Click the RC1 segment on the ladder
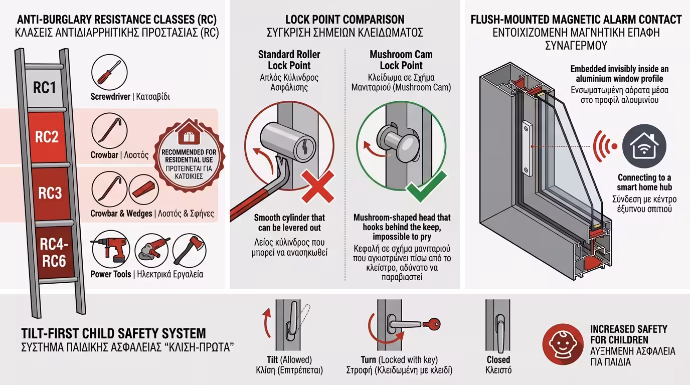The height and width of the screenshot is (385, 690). click(45, 88)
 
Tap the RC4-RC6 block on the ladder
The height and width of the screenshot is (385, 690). click(53, 252)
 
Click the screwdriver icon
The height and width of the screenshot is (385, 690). click(109, 73)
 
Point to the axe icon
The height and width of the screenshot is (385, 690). click(190, 251)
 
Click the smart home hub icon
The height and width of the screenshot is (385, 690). click(644, 145)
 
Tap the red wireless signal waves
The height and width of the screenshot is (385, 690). click(604, 146)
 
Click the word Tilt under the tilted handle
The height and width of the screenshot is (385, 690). click(273, 360)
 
